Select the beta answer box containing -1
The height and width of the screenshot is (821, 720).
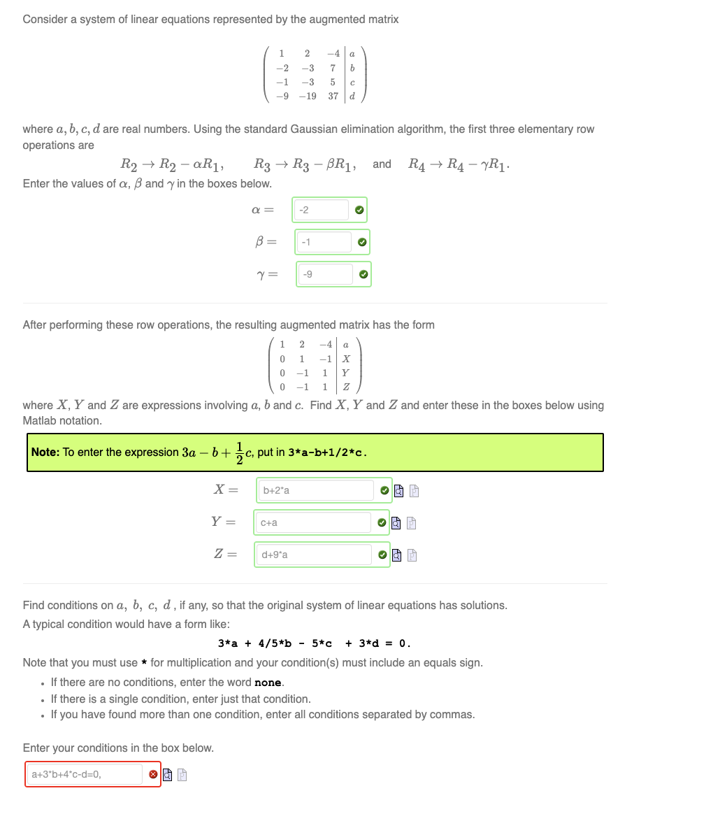[324, 242]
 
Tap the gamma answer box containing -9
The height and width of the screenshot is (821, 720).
[326, 274]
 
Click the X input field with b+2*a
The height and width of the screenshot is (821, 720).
[315, 490]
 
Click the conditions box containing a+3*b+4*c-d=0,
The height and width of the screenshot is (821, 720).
[85, 774]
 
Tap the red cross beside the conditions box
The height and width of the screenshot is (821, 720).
[152, 774]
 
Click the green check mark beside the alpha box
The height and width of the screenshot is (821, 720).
[359, 210]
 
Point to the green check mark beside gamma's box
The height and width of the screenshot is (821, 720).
[363, 274]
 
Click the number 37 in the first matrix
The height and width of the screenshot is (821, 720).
[333, 97]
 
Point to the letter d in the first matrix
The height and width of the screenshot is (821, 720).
[352, 97]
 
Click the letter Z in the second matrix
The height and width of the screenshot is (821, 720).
[345, 387]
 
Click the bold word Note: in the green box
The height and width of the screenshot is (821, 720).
[45, 452]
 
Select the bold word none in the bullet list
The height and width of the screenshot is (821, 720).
[268, 683]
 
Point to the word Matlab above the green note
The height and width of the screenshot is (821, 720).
[38, 421]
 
